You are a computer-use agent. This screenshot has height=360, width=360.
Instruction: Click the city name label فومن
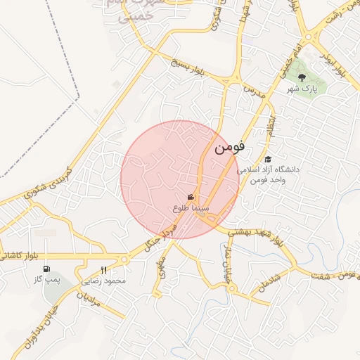[229, 148]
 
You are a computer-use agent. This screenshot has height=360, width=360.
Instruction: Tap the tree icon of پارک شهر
[301, 78]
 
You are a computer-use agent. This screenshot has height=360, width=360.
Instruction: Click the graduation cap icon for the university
[268, 160]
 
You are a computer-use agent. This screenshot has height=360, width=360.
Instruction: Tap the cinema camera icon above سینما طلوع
[191, 198]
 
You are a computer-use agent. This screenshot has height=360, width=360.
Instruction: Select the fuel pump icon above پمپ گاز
[46, 269]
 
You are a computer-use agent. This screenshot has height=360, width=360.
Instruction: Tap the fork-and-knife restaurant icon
[104, 270]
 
